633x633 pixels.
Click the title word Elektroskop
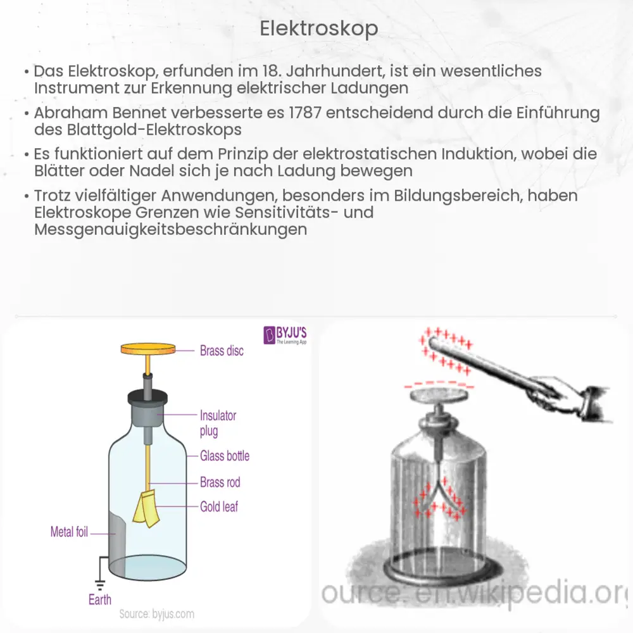pos(319,28)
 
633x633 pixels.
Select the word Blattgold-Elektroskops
pos(139,130)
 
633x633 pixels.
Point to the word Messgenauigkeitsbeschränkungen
pos(171,229)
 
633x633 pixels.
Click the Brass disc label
pos(222,350)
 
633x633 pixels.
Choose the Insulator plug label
pos(218,423)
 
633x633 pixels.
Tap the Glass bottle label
pos(225,456)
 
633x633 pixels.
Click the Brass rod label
pos(220,482)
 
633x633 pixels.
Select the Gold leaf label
pos(219,506)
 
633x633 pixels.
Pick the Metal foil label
pos(69,532)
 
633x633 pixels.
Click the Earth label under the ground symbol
pos(100,599)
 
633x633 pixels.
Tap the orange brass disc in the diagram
pos(148,349)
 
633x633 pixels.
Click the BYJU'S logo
pos(284,334)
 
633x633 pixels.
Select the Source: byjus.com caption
pos(157,614)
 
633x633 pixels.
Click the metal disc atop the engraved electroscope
pos(437,396)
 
